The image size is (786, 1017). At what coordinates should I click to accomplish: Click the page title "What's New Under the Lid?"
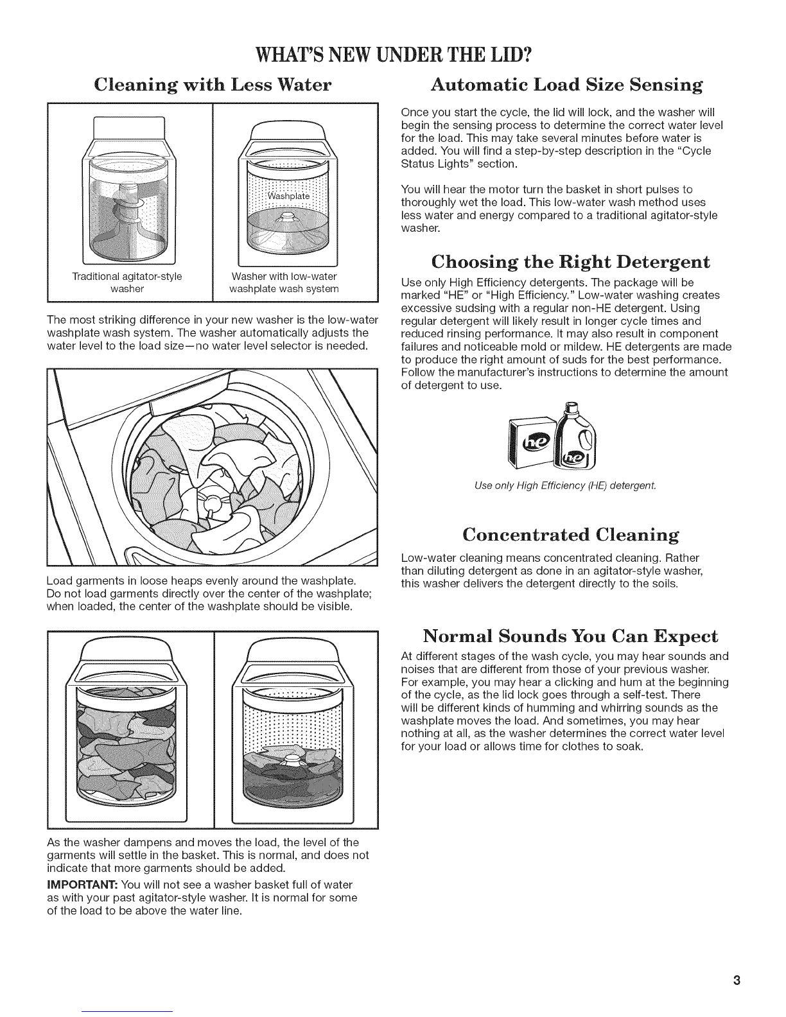pos(394,56)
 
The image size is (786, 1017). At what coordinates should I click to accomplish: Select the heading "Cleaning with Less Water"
pos(213,85)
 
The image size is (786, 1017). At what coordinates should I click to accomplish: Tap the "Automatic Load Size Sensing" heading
pos(566,85)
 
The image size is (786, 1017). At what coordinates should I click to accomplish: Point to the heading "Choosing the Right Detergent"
pos(570,261)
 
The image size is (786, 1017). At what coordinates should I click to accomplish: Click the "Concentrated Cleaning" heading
pos(571,534)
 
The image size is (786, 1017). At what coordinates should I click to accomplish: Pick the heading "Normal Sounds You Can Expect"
pos(570,636)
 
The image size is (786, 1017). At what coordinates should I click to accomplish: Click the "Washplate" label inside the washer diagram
pos(288,196)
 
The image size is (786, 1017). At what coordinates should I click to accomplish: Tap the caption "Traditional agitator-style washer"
pos(127,282)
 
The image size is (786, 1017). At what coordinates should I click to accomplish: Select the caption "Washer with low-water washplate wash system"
pos(284,282)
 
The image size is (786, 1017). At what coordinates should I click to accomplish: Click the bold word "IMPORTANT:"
pos(82,885)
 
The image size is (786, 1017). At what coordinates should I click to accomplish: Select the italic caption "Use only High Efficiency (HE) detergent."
pos(565,486)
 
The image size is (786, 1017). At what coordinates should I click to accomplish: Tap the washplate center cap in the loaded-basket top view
pos(213,503)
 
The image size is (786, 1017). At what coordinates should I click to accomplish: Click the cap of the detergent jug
pos(570,406)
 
